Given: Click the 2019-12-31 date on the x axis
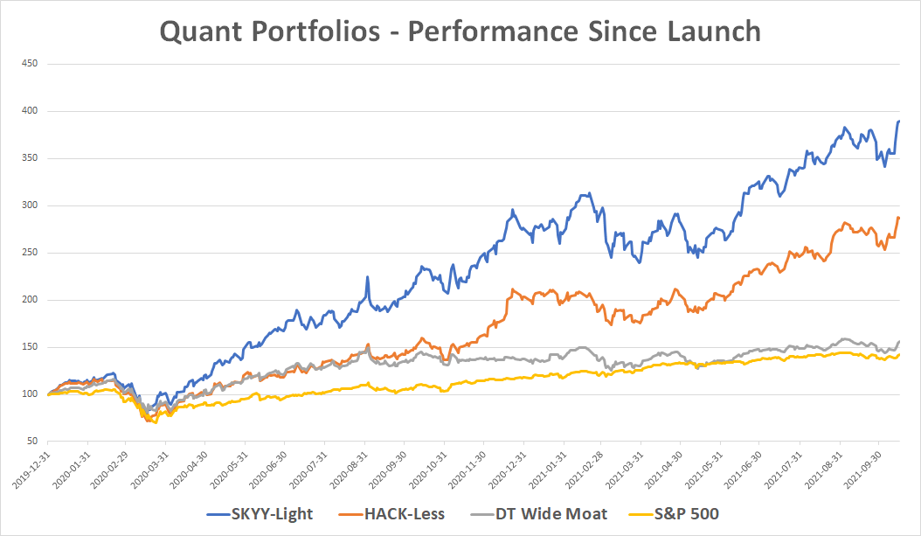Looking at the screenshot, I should click(x=34, y=471).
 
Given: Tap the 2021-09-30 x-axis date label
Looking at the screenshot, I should click(x=866, y=471).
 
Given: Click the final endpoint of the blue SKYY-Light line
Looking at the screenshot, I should click(x=899, y=122).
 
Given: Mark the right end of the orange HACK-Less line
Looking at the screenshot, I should click(x=899, y=217).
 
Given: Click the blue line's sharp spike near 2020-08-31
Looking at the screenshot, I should click(x=368, y=277).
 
